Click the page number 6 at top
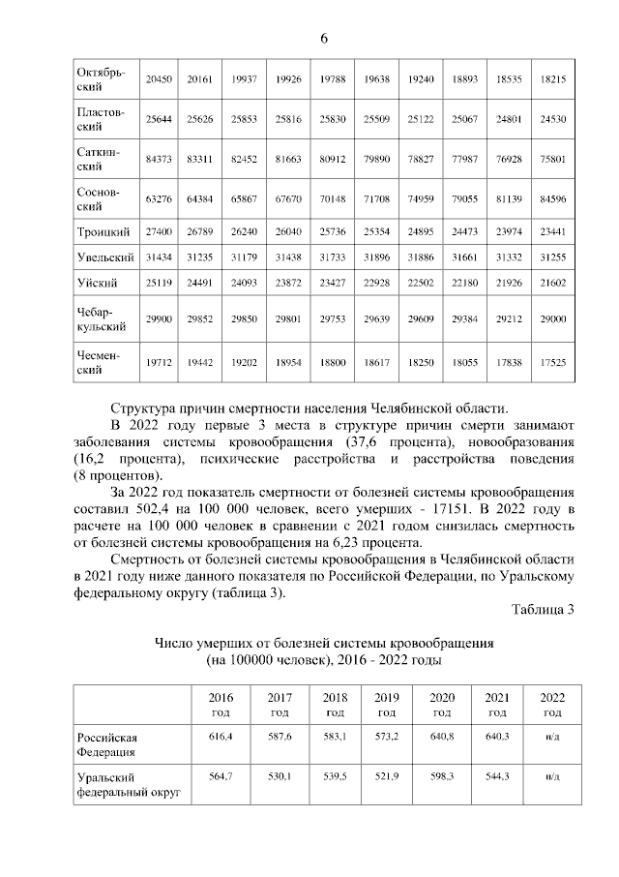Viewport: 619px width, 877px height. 324,38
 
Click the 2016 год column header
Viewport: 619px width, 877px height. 221,704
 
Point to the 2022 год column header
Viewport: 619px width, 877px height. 552,704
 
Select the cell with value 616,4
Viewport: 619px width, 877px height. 221,738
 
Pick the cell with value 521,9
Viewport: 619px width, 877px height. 386,777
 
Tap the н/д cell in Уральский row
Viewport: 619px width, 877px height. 552,777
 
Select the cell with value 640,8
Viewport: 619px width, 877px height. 442,738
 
